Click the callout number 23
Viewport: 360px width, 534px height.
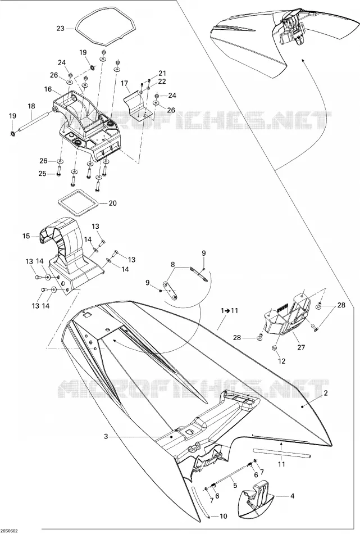[60, 29]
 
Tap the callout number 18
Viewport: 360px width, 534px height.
[31, 107]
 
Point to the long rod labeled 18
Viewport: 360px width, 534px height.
[35, 120]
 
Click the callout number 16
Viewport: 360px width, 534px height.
[48, 89]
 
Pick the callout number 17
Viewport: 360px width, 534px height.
[124, 83]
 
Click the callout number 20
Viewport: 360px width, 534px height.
[113, 203]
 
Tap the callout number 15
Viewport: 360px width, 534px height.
[26, 236]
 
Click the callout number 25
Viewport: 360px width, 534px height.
[42, 174]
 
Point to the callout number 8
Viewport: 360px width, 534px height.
[173, 264]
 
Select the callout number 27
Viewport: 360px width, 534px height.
[301, 347]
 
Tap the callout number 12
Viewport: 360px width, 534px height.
[282, 361]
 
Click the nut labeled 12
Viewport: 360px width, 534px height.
[274, 347]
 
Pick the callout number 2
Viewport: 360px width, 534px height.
[326, 393]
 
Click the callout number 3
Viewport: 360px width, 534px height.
[106, 437]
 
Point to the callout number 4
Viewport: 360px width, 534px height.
[292, 496]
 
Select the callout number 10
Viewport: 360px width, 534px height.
[223, 517]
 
